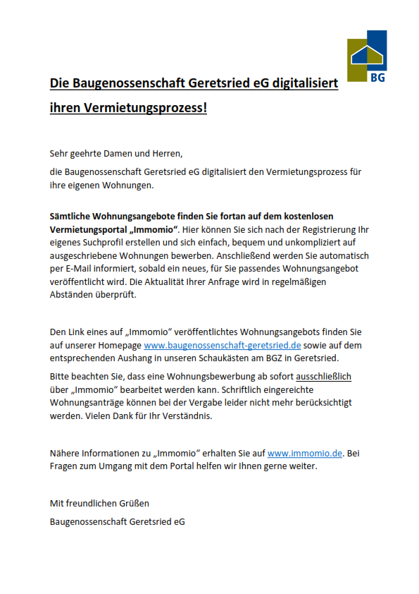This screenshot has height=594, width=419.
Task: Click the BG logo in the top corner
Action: (367, 57)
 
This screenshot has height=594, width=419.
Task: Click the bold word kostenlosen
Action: (306, 216)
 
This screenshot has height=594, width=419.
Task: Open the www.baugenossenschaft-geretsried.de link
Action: (223, 345)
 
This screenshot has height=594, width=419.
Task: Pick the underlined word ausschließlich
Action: (323, 377)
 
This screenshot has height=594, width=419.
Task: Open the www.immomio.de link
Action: (304, 453)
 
